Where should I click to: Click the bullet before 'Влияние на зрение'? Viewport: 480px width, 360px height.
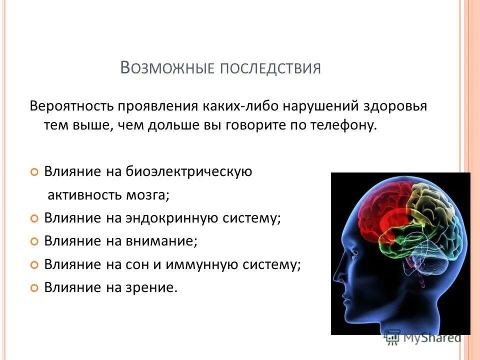pos(34,288)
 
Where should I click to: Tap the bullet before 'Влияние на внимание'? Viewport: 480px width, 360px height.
pos(34,241)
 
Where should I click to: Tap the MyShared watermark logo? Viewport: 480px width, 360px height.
pos(422,337)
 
